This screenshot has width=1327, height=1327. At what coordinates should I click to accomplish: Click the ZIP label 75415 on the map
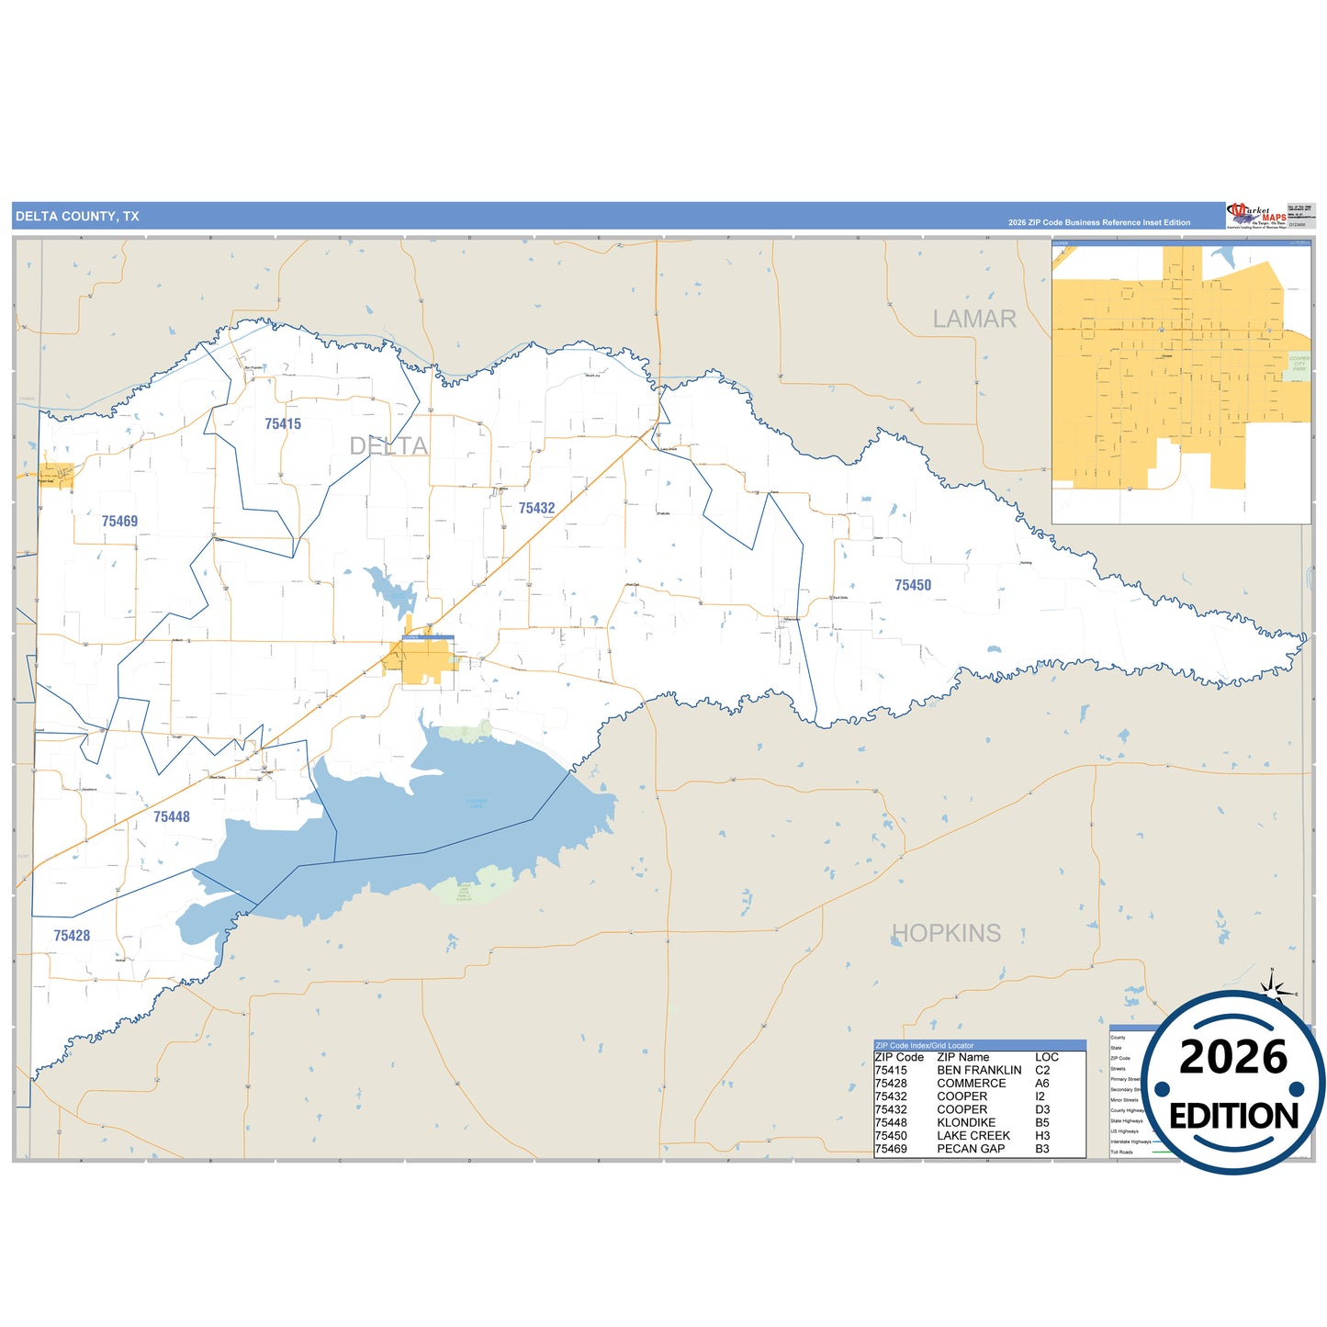pyautogui.click(x=283, y=424)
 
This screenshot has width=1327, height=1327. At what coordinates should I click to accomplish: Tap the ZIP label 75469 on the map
pyautogui.click(x=119, y=522)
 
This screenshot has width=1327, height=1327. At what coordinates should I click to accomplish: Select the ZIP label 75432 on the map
pyautogui.click(x=536, y=509)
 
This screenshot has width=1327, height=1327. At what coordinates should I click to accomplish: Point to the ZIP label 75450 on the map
pyautogui.click(x=913, y=585)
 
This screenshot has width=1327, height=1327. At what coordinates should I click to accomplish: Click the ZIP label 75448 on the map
pyautogui.click(x=172, y=817)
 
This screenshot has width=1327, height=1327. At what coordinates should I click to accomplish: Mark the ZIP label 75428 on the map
pyautogui.click(x=72, y=936)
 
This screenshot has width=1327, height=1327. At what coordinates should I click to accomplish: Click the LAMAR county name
pyautogui.click(x=974, y=320)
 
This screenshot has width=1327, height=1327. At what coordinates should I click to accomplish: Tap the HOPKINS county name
pyautogui.click(x=947, y=933)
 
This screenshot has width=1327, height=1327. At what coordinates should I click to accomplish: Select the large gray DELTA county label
pyautogui.click(x=388, y=446)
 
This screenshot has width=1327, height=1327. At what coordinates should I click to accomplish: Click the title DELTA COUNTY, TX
pyautogui.click(x=77, y=217)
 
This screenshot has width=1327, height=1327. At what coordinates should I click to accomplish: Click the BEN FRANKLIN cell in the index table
pyautogui.click(x=979, y=1071)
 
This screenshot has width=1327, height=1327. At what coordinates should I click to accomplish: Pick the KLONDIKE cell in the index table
pyautogui.click(x=966, y=1123)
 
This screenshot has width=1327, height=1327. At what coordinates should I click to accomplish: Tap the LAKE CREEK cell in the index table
pyautogui.click(x=973, y=1136)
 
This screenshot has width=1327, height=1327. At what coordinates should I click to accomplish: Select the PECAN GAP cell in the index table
pyautogui.click(x=971, y=1149)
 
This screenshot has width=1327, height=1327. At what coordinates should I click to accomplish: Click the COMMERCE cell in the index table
pyautogui.click(x=972, y=1084)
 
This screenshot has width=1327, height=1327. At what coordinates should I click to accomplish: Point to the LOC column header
pyautogui.click(x=1047, y=1058)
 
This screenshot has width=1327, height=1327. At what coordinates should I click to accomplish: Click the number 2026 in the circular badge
pyautogui.click(x=1233, y=1058)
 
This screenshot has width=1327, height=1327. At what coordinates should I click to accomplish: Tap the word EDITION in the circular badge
pyautogui.click(x=1233, y=1117)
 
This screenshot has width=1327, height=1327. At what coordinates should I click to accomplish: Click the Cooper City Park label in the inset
pyautogui.click(x=1299, y=364)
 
